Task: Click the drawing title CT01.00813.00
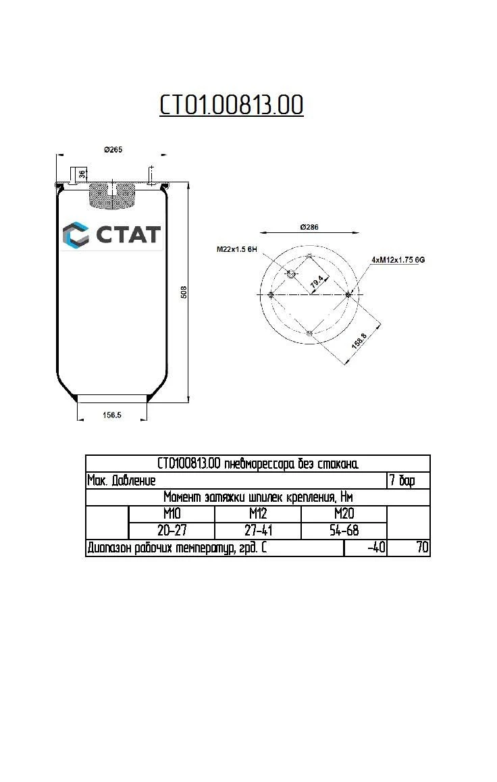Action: coord(231,105)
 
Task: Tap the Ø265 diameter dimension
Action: coord(113,149)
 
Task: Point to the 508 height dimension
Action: coord(183,292)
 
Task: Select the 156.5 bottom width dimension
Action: coord(111,415)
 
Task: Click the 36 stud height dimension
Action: coord(82,174)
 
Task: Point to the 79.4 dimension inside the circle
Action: coord(315,284)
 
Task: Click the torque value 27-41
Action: coord(258,531)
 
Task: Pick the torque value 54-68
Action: coord(344,531)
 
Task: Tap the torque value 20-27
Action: coord(172,531)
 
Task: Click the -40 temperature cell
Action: coord(375,548)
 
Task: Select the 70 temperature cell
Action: coord(422,548)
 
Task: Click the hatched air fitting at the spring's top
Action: coord(112,194)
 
